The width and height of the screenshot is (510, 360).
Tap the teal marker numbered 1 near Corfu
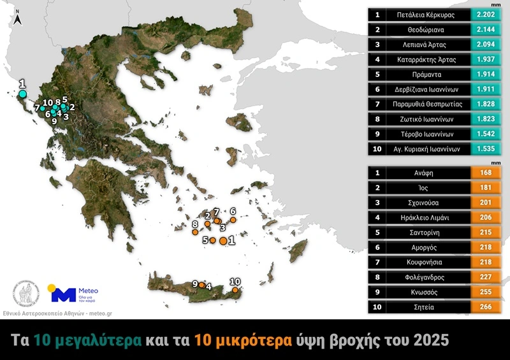click(x=23, y=94)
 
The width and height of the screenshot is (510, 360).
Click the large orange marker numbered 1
click(x=223, y=241)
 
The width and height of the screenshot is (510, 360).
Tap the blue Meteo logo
click(x=63, y=294)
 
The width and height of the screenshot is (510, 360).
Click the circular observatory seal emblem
click(x=27, y=294)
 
